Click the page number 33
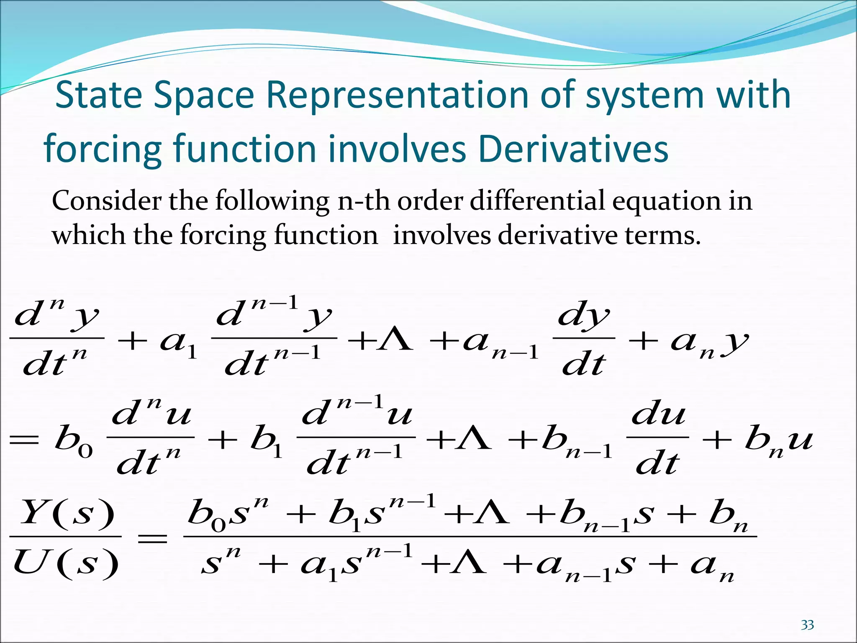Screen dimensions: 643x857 pyautogui.click(x=807, y=625)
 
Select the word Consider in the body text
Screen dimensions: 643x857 pyautogui.click(x=107, y=201)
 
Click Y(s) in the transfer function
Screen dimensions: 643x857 pyautogui.click(x=67, y=512)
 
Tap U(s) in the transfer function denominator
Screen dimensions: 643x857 pyautogui.click(x=66, y=563)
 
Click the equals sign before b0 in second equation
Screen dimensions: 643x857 pyautogui.click(x=24, y=441)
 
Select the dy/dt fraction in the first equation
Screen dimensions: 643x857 pyautogui.click(x=584, y=340)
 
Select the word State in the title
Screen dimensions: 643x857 pyautogui.click(x=98, y=95)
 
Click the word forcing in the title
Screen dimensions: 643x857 pyautogui.click(x=103, y=149)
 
